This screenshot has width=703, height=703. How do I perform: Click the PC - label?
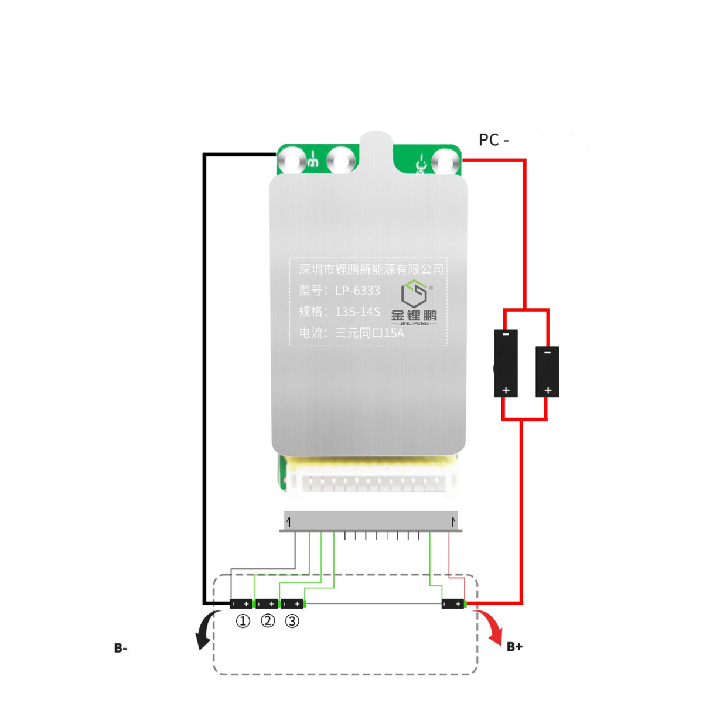click(493, 140)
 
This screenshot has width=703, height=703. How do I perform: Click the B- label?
click(121, 648)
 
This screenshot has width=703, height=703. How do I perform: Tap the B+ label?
click(514, 647)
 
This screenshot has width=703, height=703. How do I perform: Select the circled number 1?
click(243, 621)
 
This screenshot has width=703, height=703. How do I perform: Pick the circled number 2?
click(268, 621)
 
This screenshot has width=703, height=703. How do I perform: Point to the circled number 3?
click(292, 621)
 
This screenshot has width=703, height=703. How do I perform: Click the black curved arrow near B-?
click(206, 630)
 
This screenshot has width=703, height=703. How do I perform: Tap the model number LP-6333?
click(357, 291)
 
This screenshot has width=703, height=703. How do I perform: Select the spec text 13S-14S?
click(357, 312)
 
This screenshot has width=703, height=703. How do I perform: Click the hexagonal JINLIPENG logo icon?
click(414, 293)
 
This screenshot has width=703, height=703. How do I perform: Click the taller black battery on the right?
click(506, 363)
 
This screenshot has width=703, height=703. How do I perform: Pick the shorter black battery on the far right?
click(547, 371)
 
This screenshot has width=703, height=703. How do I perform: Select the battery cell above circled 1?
click(241, 603)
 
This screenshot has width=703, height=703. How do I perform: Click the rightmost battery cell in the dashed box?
click(453, 603)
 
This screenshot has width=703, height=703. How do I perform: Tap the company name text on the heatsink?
click(371, 269)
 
